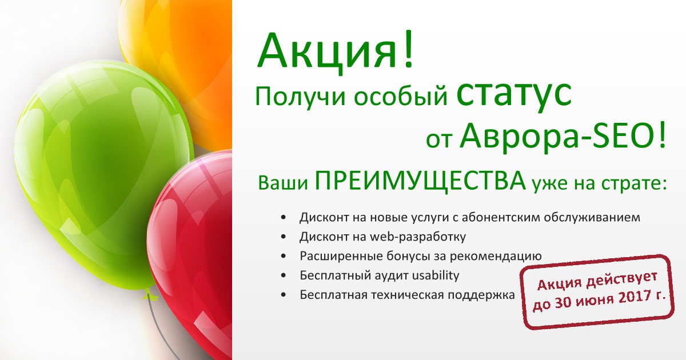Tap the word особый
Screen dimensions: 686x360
click(x=401, y=96)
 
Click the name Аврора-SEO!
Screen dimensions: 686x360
click(x=563, y=137)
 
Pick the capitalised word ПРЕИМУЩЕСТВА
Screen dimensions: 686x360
click(x=420, y=182)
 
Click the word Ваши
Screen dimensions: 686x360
click(x=283, y=183)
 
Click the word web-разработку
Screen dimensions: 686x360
click(x=418, y=237)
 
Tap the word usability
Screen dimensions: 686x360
click(x=436, y=275)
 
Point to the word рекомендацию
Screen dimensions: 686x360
click(x=496, y=257)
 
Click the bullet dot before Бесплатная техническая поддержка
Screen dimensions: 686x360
click(x=284, y=295)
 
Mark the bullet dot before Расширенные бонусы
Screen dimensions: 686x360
click(x=284, y=256)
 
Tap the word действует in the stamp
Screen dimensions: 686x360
click(x=622, y=279)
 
